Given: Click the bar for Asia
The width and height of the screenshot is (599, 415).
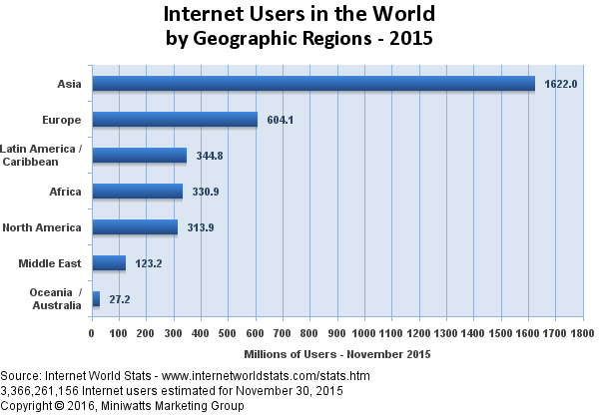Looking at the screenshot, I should (313, 84).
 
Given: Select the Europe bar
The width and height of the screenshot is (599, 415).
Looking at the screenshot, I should (175, 120).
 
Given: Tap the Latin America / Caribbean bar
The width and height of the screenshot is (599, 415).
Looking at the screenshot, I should (139, 156).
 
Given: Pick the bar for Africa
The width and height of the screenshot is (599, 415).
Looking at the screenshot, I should (137, 192).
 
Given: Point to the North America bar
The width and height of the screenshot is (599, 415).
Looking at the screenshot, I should (135, 227).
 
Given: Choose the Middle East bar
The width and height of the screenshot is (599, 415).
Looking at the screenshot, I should (109, 263).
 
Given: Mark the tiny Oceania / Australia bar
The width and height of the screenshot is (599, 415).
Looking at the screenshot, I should (96, 298).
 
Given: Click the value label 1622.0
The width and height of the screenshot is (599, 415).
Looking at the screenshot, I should (561, 85).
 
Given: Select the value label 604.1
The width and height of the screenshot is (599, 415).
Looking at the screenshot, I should (283, 121).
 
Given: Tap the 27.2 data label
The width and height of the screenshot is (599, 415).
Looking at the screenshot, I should (121, 299).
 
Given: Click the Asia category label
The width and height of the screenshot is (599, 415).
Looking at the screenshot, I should (70, 84).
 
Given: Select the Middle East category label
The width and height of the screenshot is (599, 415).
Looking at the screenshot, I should (51, 263).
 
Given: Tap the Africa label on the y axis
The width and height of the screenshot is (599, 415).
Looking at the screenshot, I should (65, 192).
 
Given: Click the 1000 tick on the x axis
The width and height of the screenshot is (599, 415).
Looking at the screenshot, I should (365, 332).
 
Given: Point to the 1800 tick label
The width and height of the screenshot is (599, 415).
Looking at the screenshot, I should (583, 332).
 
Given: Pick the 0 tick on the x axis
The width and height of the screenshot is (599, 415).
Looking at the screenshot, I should (92, 332).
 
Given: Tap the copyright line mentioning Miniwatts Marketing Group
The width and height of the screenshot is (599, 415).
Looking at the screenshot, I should (122, 406).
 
